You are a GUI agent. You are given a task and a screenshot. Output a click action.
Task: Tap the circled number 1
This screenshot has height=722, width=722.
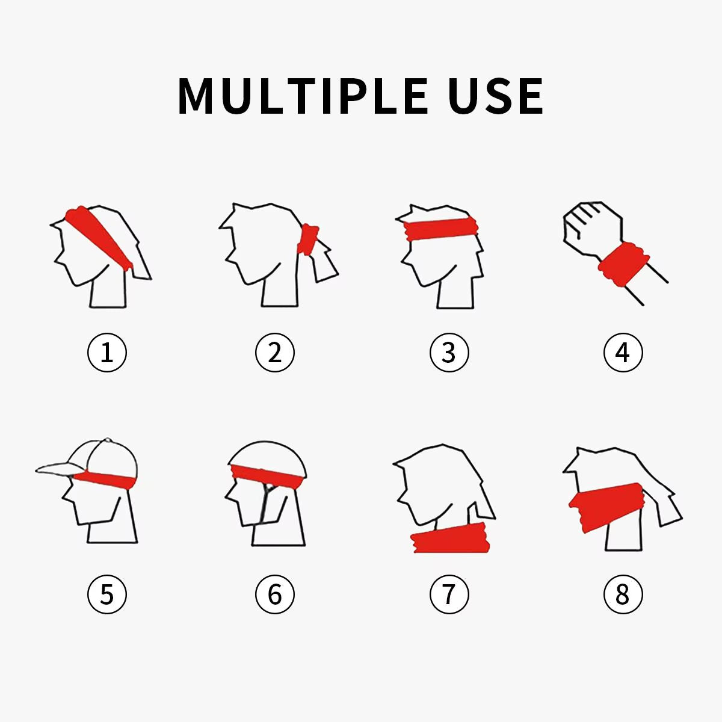tap(107, 353)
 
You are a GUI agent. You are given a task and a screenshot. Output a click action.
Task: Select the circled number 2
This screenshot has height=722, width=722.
tap(275, 353)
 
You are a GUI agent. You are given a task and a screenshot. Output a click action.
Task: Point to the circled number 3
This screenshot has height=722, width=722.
tap(449, 353)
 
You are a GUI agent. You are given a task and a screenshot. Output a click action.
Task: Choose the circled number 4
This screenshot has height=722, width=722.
tap(623, 353)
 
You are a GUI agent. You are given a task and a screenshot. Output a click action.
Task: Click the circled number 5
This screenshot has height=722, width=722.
tap(107, 594)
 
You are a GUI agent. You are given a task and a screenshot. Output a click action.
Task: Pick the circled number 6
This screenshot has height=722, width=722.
tap(275, 594)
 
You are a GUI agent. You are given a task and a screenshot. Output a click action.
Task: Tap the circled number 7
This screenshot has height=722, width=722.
tap(449, 594)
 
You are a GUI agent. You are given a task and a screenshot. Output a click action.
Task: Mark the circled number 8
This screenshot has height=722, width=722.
tap(623, 594)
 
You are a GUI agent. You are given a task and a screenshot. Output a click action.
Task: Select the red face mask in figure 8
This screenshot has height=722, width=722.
tap(605, 507)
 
